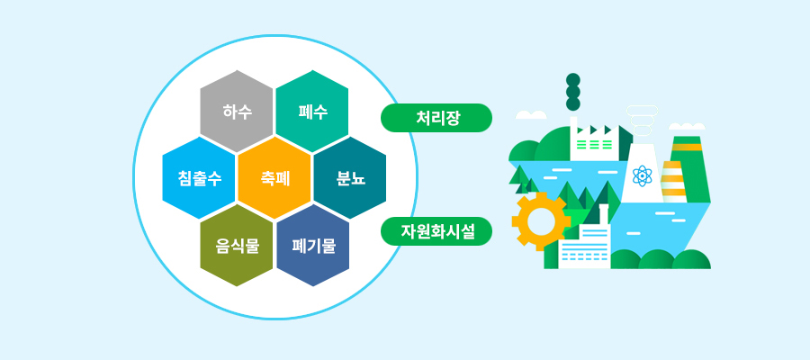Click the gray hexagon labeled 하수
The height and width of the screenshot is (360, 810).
[x=236, y=112]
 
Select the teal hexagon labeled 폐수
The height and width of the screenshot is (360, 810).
[x=312, y=112]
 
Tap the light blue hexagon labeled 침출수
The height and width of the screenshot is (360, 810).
[x=199, y=178]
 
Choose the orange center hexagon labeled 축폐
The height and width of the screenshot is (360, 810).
[x=274, y=178]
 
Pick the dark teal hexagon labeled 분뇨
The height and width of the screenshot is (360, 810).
[x=350, y=178]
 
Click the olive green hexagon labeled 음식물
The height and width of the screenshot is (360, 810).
[x=236, y=246]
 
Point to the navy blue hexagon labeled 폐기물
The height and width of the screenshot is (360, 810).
[x=312, y=246]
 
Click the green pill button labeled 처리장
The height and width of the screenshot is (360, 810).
[x=436, y=118]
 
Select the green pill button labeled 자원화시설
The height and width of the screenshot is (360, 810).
[x=436, y=231]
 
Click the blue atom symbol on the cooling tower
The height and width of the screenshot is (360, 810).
[x=642, y=176]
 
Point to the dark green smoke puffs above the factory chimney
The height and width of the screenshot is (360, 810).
[x=573, y=92]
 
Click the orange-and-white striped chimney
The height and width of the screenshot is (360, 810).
[x=673, y=181]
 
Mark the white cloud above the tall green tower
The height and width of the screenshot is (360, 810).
[x=687, y=126]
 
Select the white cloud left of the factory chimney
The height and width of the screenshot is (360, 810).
[x=531, y=114]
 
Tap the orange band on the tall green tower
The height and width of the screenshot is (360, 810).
[x=687, y=147]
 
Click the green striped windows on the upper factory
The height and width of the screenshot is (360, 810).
[x=589, y=144]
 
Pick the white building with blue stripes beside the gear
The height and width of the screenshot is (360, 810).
[x=585, y=247]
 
